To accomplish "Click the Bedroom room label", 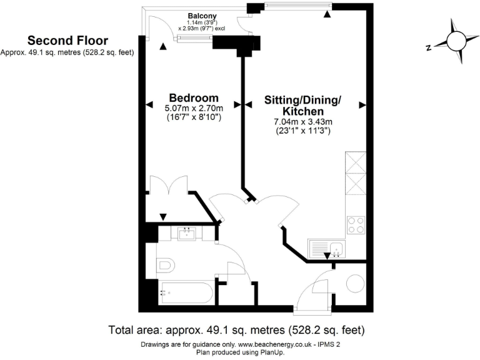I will click(x=194, y=98).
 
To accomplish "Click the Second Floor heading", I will click(x=67, y=41).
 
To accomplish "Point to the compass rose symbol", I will click(x=455, y=42).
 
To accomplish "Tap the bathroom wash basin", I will click(x=186, y=234).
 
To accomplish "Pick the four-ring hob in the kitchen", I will click(x=356, y=224).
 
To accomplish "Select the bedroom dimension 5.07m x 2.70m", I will click(x=194, y=108).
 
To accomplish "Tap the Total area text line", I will click(x=236, y=329).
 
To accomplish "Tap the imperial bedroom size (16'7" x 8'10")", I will click(x=194, y=117).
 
